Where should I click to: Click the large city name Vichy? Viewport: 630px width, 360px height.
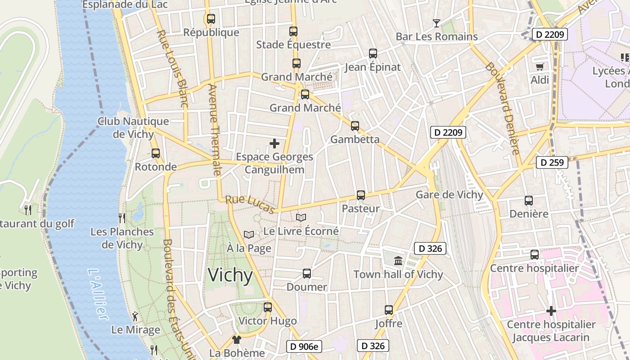click(x=230, y=275)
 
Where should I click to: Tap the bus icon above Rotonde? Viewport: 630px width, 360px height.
click(x=156, y=153)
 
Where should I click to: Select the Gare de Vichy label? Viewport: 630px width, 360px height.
click(x=449, y=195)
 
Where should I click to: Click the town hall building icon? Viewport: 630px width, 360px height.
click(x=398, y=261)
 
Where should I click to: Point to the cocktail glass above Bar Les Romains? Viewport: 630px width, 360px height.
click(x=436, y=23)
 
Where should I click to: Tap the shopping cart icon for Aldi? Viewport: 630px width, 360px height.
click(x=540, y=67)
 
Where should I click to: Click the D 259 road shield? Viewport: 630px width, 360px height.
click(x=552, y=162)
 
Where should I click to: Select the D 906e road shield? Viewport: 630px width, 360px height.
click(x=304, y=346)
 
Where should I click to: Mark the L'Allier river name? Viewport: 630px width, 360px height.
click(x=98, y=295)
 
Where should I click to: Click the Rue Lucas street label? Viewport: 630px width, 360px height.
click(x=250, y=204)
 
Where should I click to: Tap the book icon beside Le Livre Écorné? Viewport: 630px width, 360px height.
click(x=301, y=218)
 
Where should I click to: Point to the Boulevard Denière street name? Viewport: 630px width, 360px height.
click(x=503, y=108)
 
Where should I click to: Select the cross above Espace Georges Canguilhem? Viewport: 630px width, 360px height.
click(x=274, y=144)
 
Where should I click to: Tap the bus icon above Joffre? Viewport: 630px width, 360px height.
click(x=389, y=310)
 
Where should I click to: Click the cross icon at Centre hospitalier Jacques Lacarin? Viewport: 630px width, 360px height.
click(x=551, y=311)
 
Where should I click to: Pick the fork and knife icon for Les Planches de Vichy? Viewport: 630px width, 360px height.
click(x=122, y=218)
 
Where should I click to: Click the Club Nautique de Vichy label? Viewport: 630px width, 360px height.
click(x=133, y=127)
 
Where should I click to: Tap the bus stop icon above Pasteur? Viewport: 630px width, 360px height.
click(x=361, y=195)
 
